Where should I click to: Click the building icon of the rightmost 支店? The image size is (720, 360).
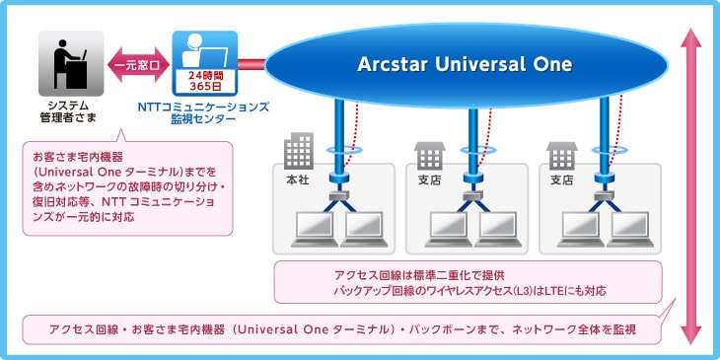click(x=562, y=155)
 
